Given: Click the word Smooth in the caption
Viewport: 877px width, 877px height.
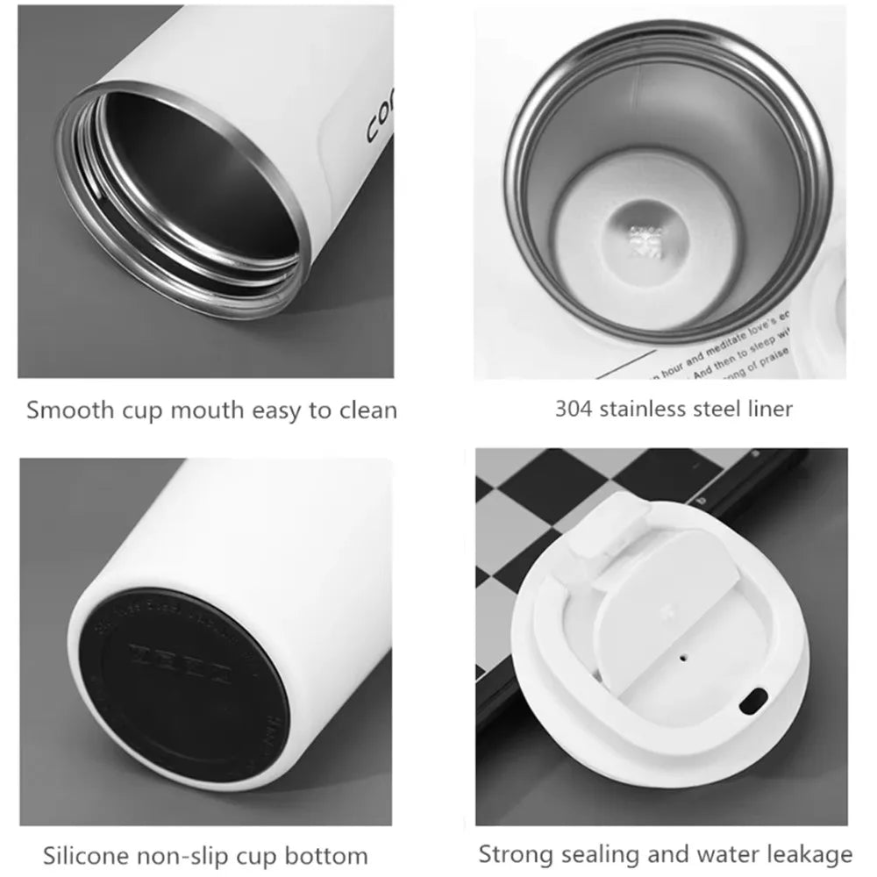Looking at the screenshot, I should (64, 410).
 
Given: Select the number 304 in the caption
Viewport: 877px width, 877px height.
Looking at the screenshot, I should (574, 408).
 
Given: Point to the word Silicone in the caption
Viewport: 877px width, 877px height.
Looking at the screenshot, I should (82, 855).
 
